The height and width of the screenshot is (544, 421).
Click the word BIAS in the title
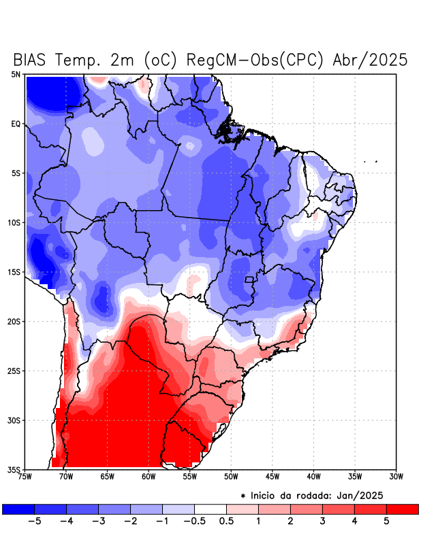click(x=31, y=60)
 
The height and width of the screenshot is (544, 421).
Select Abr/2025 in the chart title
click(x=371, y=60)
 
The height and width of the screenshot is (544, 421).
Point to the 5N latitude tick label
click(x=15, y=74)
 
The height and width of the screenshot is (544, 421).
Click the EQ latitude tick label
click(x=15, y=124)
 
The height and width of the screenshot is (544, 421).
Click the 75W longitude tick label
click(x=25, y=476)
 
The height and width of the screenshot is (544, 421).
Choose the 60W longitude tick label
click(x=149, y=476)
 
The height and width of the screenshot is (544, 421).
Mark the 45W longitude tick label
click(x=272, y=476)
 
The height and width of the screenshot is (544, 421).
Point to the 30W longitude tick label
click(x=396, y=476)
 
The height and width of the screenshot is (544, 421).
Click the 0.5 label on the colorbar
click(x=227, y=522)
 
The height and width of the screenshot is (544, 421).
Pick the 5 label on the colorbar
click(x=386, y=522)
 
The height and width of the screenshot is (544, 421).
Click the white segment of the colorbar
click(x=210, y=509)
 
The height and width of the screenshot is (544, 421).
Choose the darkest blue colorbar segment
click(x=18, y=509)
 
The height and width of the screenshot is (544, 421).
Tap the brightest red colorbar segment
click(x=403, y=509)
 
